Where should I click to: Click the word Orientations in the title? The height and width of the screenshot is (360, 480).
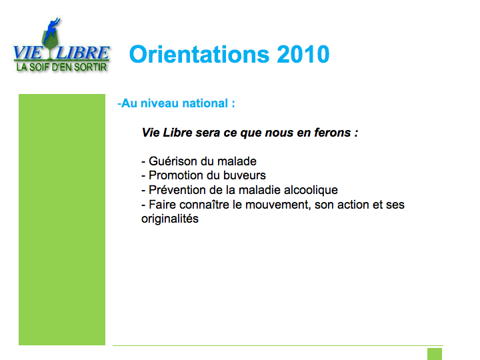click(x=199, y=54)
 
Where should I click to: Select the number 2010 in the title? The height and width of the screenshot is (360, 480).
click(x=303, y=54)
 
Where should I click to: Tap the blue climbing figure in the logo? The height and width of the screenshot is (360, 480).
click(x=51, y=30)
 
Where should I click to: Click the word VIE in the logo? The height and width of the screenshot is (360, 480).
click(x=28, y=53)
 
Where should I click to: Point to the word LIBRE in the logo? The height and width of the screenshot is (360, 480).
click(x=83, y=53)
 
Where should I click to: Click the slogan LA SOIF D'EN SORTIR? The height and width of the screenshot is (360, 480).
click(x=61, y=67)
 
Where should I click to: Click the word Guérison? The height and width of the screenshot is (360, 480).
click(x=172, y=161)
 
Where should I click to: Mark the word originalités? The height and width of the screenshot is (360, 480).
click(x=170, y=219)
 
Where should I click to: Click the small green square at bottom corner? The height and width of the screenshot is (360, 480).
click(x=435, y=354)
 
